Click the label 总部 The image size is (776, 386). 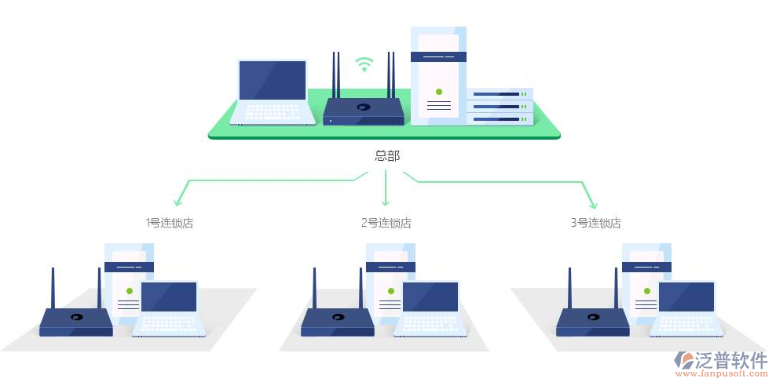(x=387, y=156)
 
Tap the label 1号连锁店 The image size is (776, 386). (x=170, y=223)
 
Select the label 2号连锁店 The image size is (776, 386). (x=386, y=223)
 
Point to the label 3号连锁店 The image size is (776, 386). (x=595, y=223)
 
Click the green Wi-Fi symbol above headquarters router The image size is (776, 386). (x=363, y=64)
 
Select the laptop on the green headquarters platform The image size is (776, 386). (x=272, y=91)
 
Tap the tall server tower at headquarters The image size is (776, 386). (x=438, y=75)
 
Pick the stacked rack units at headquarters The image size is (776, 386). (x=500, y=106)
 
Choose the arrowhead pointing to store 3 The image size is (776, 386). (x=591, y=202)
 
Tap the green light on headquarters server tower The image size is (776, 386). (x=438, y=92)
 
